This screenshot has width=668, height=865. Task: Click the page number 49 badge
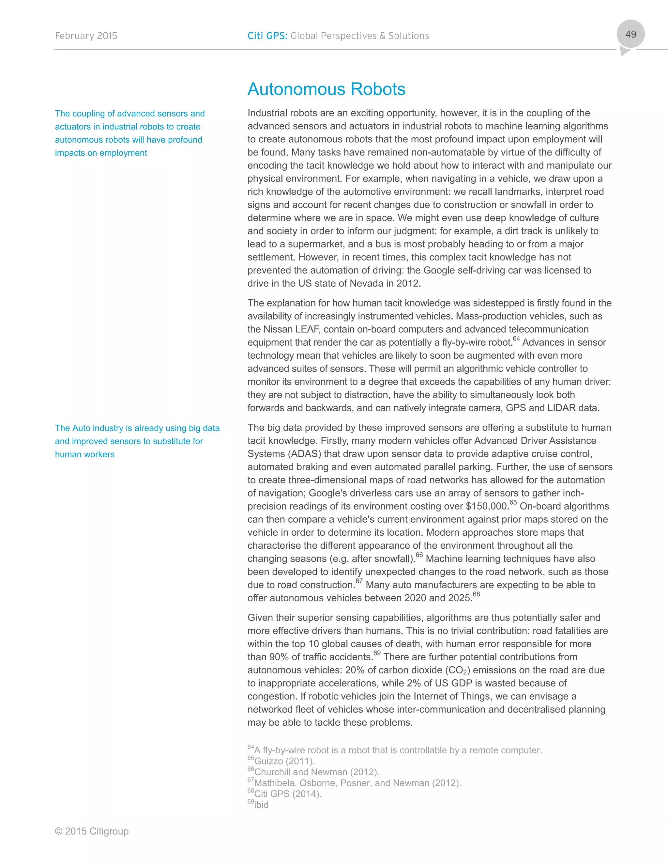[630, 35]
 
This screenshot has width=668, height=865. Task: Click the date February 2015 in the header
[86, 36]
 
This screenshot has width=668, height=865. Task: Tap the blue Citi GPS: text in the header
[267, 36]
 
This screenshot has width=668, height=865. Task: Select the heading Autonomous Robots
[326, 89]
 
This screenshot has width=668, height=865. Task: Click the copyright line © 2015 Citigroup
[92, 831]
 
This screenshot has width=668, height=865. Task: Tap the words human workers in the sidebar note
[85, 454]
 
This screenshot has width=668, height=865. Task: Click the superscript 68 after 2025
[476, 594]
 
